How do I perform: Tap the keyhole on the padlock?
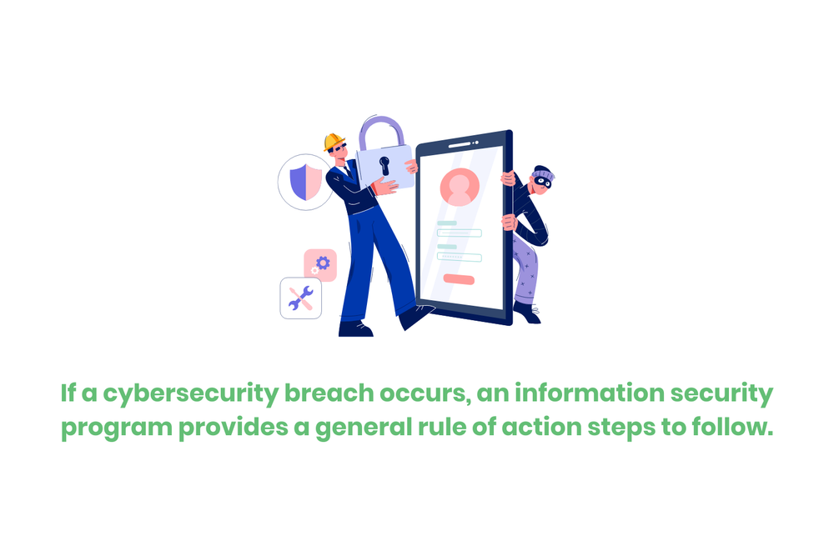point(384,163)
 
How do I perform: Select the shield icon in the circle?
point(304,182)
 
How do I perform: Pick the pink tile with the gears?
point(320,264)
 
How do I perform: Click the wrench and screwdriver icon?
point(300,298)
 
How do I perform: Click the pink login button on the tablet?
point(459,280)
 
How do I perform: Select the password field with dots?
point(460,257)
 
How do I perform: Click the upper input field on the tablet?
point(460,233)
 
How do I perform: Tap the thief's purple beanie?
point(540,171)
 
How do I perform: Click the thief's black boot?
point(527,313)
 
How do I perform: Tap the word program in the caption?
point(108,430)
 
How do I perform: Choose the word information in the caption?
point(593,393)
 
